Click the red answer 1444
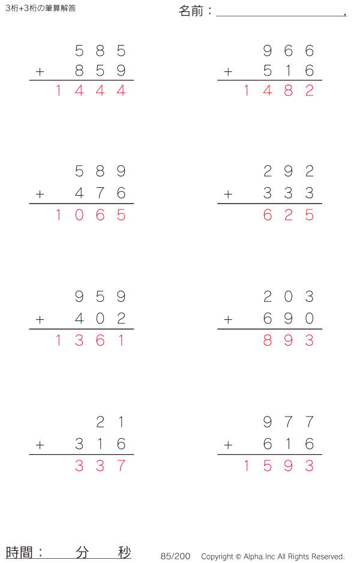90,91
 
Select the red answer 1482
278,91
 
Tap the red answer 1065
90,215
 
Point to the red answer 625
289,215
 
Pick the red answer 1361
90,340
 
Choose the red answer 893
289,340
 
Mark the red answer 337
100,466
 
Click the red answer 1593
278,466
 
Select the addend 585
100,51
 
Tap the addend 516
289,71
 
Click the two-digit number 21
110,423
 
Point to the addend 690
289,319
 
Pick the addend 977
289,423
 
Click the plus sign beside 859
40,72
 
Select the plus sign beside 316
40,445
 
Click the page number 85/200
175,556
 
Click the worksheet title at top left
40,8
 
